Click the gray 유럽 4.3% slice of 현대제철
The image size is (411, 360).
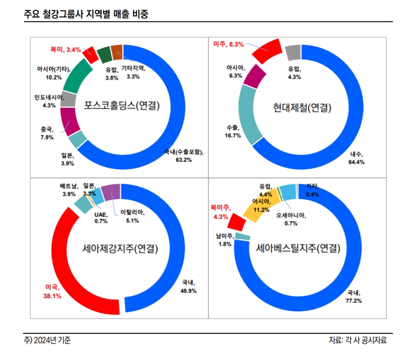click(x=293, y=51)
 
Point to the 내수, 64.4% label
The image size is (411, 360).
click(x=357, y=158)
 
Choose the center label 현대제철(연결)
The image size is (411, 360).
click(x=302, y=108)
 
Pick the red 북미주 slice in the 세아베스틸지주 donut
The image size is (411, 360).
click(x=237, y=221)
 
